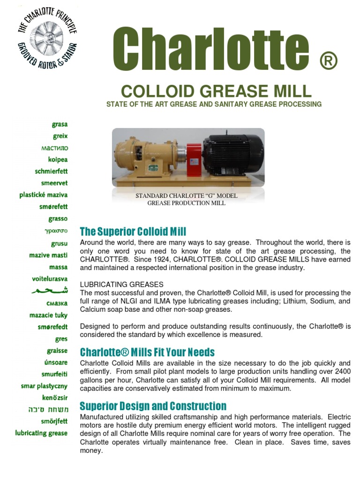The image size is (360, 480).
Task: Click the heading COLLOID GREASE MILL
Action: [216, 90]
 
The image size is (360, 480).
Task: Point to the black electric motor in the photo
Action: [232, 157]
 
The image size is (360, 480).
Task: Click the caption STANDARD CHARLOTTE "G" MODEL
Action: [186, 195]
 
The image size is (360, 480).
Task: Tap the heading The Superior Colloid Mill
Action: [133, 232]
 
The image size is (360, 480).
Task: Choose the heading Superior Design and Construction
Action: [153, 406]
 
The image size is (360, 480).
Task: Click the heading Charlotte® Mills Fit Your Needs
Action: [147, 352]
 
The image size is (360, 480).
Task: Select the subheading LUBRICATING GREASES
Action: [121, 285]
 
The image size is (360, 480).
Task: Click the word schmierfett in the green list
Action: [51, 171]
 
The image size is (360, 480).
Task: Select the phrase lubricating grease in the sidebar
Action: [41, 433]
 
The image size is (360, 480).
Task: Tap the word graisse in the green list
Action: [57, 351]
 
